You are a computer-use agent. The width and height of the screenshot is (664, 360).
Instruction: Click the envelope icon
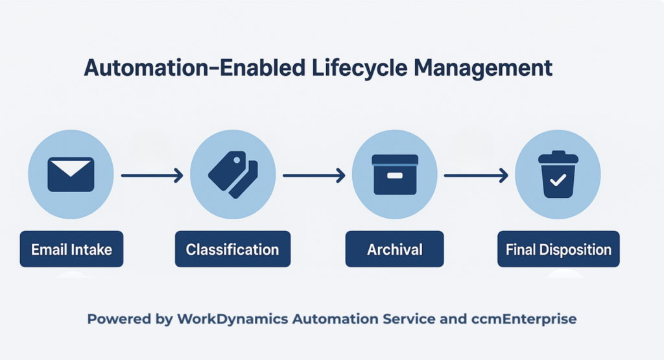[x=71, y=174]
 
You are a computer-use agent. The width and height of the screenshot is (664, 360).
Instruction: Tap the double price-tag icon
[x=233, y=174]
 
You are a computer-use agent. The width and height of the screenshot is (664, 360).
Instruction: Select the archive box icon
[x=394, y=174]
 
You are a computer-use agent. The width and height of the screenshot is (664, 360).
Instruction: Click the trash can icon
[x=557, y=174]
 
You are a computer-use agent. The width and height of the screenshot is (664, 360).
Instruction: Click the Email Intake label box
[x=71, y=249]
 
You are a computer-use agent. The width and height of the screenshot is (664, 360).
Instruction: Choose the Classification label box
[x=233, y=249]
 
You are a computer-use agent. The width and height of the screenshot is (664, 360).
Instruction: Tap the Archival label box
[x=394, y=249]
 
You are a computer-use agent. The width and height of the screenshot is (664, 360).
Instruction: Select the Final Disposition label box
[x=558, y=249]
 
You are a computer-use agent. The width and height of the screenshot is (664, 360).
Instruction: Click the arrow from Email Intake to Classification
[x=152, y=174]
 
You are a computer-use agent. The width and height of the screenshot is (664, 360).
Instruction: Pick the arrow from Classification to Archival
[x=313, y=174]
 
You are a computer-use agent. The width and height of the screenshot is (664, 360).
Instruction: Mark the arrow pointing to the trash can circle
[x=475, y=174]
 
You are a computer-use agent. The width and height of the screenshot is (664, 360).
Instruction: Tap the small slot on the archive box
[x=394, y=176]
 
